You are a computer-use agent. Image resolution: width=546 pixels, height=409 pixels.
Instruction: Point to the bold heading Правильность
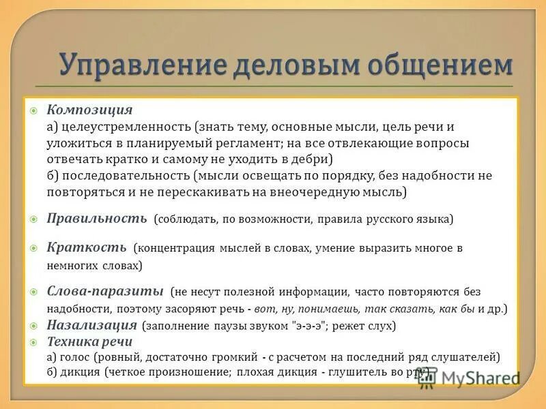pyautogui.click(x=96, y=218)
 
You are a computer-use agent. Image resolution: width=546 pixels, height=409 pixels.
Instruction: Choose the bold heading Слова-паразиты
pyautogui.click(x=104, y=291)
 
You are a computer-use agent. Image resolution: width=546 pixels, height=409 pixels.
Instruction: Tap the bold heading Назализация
pyautogui.click(x=92, y=325)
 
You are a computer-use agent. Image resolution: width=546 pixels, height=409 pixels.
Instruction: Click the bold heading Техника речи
pyautogui.click(x=89, y=341)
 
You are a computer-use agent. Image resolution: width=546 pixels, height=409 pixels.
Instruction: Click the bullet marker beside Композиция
pyautogui.click(x=33, y=110)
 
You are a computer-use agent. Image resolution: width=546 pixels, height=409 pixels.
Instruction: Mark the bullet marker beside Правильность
pyautogui.click(x=33, y=219)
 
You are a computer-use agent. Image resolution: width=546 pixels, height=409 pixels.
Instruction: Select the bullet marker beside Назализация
pyautogui.click(x=33, y=326)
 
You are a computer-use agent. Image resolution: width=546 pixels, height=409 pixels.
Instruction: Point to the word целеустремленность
pyautogui.click(x=125, y=127)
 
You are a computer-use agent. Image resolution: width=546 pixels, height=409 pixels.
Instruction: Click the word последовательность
pyautogui.click(x=125, y=176)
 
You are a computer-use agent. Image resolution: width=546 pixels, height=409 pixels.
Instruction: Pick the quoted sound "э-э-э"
pyautogui.click(x=310, y=326)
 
